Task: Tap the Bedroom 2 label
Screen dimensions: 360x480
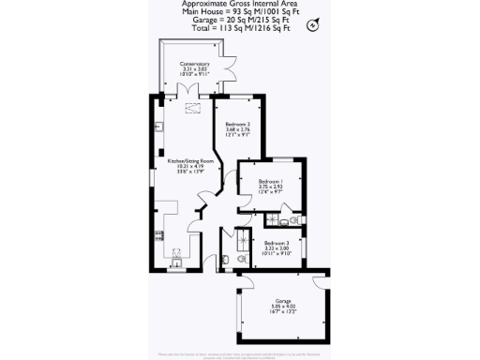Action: (x=235, y=123)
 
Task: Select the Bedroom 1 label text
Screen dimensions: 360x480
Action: (x=271, y=179)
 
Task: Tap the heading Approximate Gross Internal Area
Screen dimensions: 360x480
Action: (x=239, y=5)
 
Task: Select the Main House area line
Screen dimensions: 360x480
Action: (x=239, y=12)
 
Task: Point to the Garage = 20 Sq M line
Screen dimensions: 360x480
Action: (x=239, y=20)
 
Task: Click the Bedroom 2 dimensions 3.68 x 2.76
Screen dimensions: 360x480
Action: (x=235, y=129)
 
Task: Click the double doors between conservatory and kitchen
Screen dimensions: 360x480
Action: (x=192, y=91)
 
